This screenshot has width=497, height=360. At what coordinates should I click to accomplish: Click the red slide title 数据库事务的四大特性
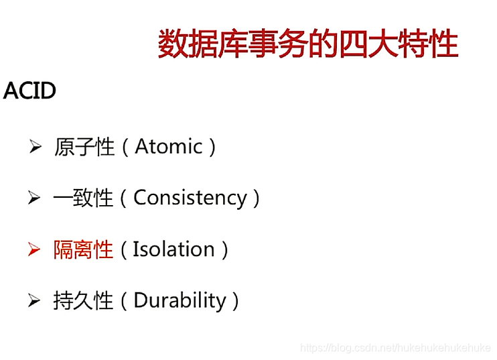coord(308,44)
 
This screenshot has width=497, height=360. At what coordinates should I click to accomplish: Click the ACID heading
coord(29,91)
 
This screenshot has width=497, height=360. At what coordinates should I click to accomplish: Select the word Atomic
coord(169,147)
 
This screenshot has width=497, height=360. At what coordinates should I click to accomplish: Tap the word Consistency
coord(190,198)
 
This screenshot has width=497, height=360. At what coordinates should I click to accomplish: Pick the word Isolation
coord(173,249)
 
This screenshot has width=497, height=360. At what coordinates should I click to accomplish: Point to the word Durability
coord(180,300)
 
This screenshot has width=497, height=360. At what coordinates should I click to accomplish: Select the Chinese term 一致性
coord(83,198)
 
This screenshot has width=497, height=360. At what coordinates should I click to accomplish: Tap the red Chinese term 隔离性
coord(83,250)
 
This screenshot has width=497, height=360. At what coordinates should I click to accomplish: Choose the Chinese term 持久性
coord(83,301)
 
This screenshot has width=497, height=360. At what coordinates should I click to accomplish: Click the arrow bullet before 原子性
coord(35,147)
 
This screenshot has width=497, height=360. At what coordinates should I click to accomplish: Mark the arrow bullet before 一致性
coord(34,198)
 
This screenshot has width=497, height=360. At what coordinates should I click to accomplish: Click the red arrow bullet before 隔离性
coord(34,250)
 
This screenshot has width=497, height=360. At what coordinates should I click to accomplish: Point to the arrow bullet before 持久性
coord(34,301)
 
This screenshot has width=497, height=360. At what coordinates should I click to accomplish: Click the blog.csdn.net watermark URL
coord(395,348)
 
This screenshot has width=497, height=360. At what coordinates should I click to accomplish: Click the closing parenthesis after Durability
coord(235,301)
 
